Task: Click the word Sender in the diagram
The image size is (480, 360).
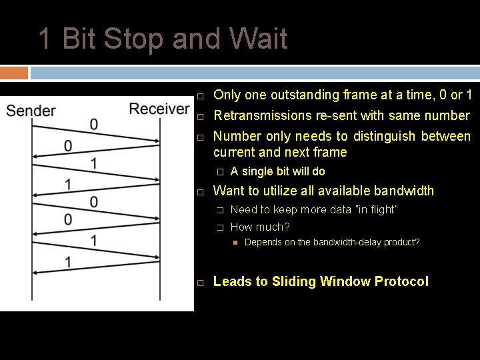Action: [31, 111]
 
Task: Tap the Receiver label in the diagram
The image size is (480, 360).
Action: [159, 109]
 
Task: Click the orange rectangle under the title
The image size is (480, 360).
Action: [14, 72]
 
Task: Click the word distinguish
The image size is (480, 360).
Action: [382, 136]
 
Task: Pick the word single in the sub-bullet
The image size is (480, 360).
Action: [257, 171]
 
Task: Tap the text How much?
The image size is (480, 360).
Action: [260, 227]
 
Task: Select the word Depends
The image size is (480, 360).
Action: [261, 242]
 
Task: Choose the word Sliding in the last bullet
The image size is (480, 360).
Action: [293, 281]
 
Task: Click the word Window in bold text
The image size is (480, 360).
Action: [343, 281]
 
